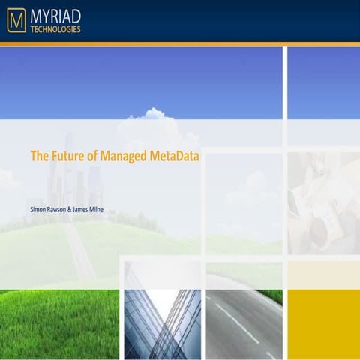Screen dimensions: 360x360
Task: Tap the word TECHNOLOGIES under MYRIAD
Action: click(x=55, y=30)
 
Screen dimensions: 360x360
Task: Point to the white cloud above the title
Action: click(x=150, y=115)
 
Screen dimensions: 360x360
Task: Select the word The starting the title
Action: click(x=39, y=157)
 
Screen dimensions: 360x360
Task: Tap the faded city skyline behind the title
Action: click(x=75, y=180)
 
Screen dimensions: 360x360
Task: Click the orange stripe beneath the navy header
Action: click(x=180, y=44)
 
